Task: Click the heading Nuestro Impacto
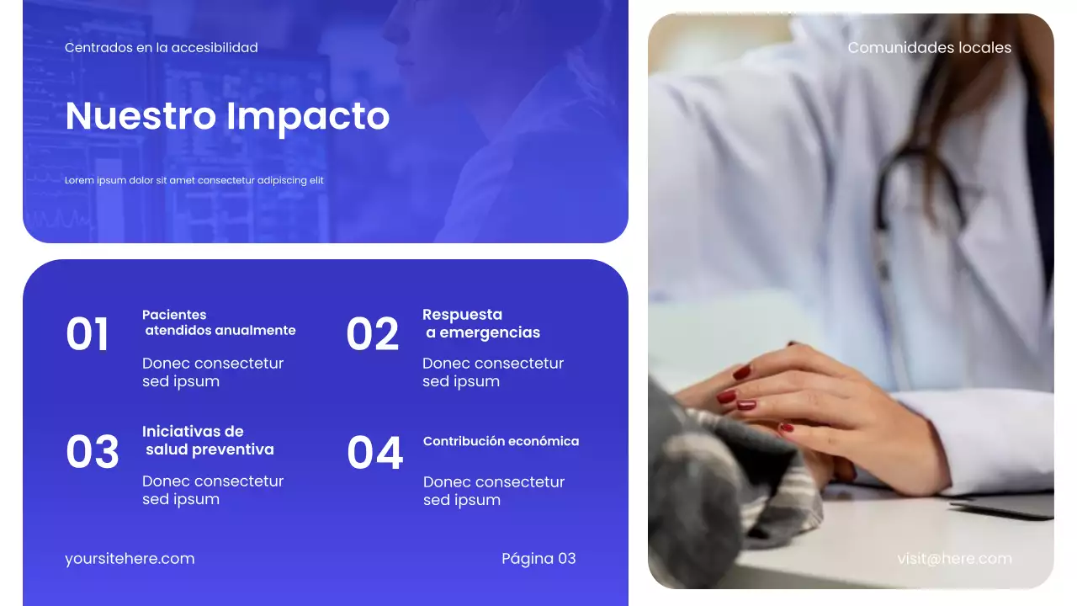coord(227,116)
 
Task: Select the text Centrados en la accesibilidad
coord(162,48)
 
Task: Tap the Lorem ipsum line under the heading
coord(194,180)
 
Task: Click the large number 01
coord(88,335)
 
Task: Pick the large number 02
coord(372,335)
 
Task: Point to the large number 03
coord(92,453)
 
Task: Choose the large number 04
coord(374,454)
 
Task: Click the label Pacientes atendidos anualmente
coord(219,322)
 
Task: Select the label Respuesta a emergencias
coord(480,323)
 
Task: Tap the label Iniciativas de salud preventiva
coord(208,440)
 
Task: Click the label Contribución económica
coord(501,441)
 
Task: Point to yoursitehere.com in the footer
coord(130,559)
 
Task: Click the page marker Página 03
coord(538,559)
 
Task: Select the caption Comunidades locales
coord(929,48)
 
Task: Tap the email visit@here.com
coord(954,559)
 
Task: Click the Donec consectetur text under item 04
coord(493,491)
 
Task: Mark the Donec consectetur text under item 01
coord(212,372)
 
